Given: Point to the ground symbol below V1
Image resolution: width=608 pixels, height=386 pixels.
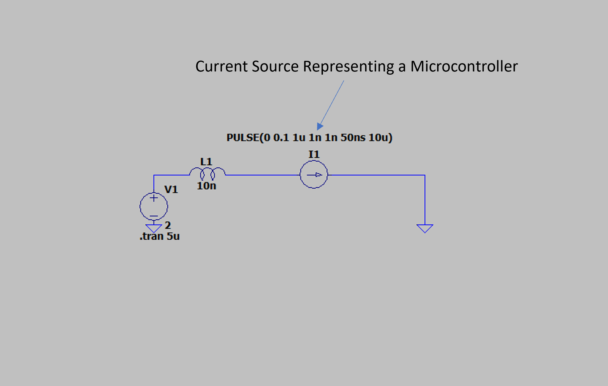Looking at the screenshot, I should (154, 228).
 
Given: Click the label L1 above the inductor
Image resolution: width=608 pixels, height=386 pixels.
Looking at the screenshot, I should (206, 162).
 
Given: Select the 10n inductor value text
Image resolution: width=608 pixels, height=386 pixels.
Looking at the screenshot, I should (206, 186).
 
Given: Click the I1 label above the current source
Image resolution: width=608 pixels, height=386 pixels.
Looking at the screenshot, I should (314, 154).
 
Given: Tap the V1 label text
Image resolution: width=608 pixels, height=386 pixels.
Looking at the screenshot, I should (171, 189).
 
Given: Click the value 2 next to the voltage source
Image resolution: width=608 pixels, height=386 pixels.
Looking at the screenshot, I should (168, 225).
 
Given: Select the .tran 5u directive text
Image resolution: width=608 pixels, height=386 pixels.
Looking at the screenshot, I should (159, 236).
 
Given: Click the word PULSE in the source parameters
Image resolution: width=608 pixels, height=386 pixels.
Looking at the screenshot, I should (243, 138).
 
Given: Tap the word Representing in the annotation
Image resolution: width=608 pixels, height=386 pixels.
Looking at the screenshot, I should (348, 66).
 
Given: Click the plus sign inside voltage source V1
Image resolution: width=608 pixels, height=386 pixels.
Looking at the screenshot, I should (154, 198).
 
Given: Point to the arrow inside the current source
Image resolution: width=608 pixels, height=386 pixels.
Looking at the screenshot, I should (315, 175).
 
